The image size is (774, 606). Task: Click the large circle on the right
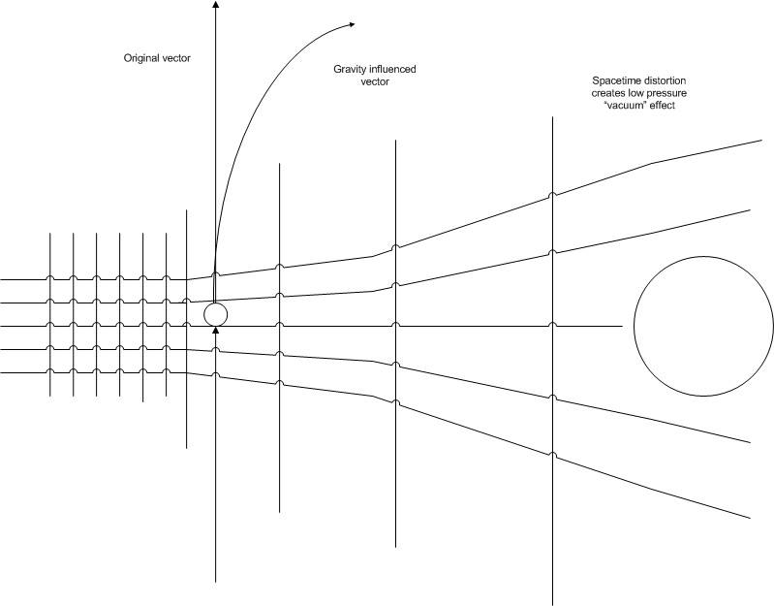click(703, 326)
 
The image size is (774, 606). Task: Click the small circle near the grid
click(215, 314)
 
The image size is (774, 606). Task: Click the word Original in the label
click(141, 58)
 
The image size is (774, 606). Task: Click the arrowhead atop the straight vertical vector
click(215, 5)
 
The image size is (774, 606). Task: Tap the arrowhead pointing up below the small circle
click(215, 332)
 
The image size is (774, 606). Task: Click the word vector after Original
click(177, 58)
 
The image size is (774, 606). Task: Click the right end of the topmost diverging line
click(762, 141)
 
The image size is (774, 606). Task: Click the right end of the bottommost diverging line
click(751, 517)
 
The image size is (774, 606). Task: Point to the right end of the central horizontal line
click(620, 326)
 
